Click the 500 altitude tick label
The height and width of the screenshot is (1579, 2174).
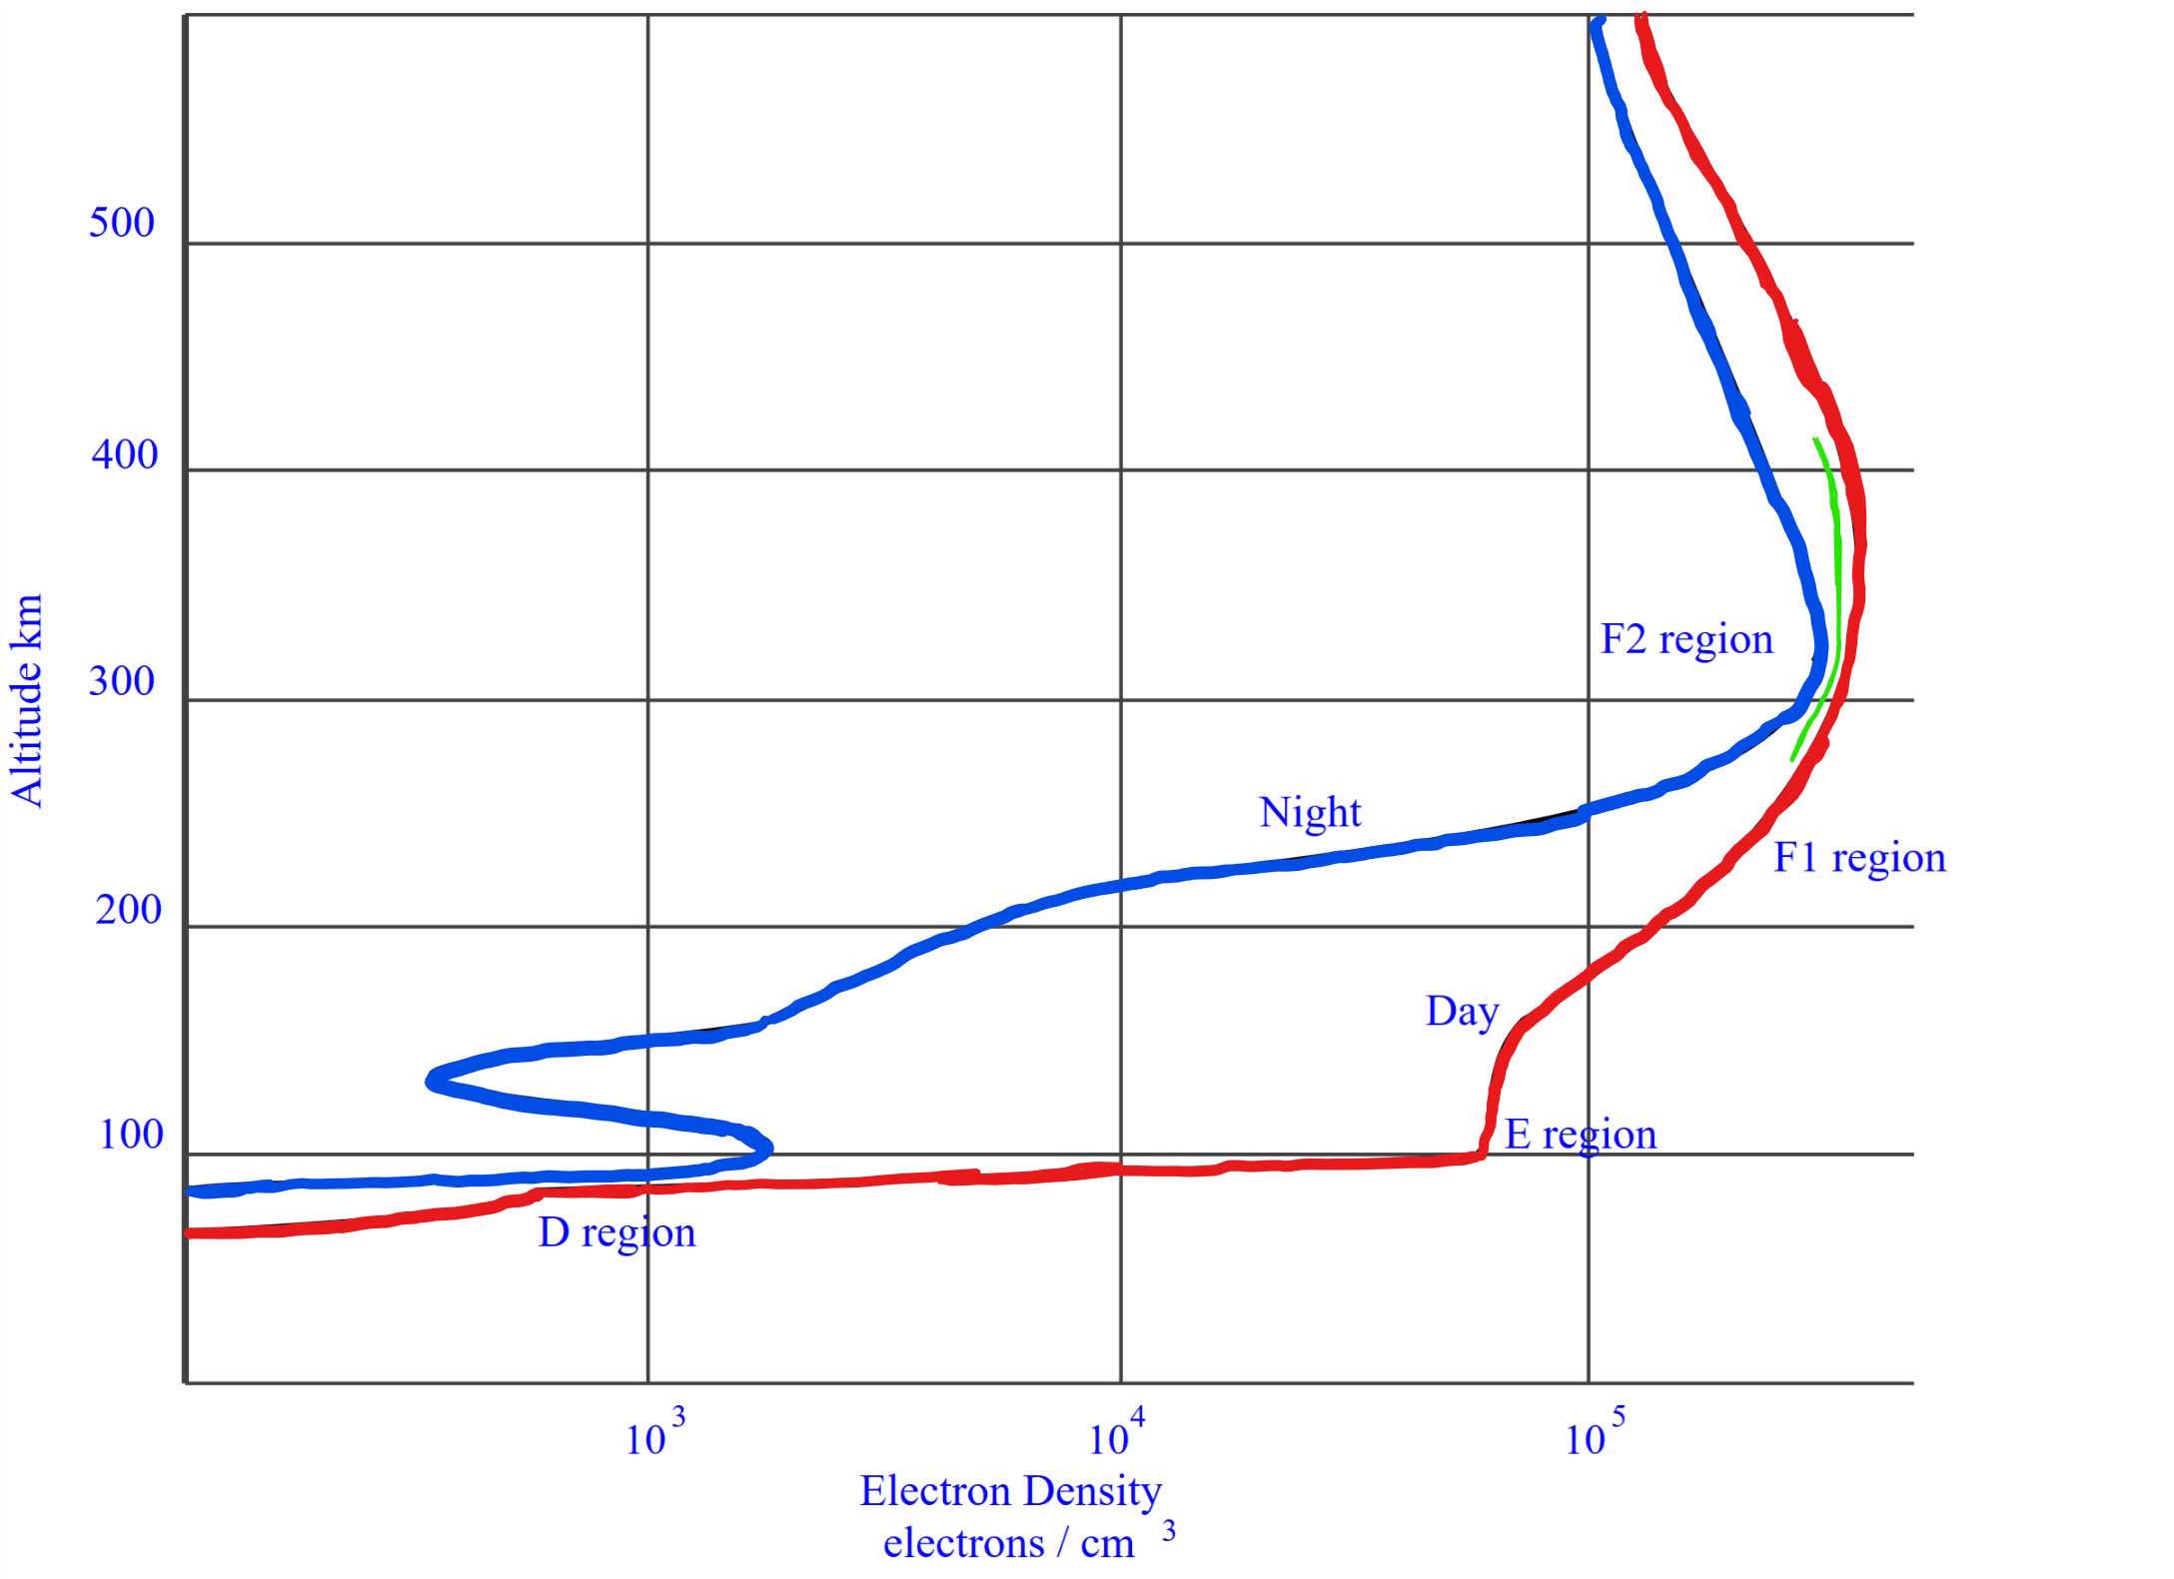pos(122,222)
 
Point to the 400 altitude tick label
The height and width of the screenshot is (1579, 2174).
pos(125,454)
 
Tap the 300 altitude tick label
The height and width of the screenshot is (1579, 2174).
pos(122,682)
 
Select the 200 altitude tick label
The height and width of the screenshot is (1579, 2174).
pos(128,910)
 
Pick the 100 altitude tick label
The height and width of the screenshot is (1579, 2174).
pos(131,1136)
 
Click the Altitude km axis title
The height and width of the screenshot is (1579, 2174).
pos(28,700)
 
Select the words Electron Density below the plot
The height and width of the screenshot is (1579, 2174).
pos(1011,1491)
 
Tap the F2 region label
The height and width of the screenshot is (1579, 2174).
pos(1686,639)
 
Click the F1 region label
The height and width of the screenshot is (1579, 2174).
pos(1859,858)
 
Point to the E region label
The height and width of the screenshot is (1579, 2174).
pos(1581,1135)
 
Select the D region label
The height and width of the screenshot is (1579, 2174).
pos(616,1232)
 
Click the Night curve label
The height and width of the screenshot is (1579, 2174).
pos(1310,812)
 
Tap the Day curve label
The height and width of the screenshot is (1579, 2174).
pos(1462,1012)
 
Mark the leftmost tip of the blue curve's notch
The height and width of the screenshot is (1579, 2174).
pos(430,1080)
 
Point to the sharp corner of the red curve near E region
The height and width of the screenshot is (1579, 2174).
pos(1481,1156)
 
